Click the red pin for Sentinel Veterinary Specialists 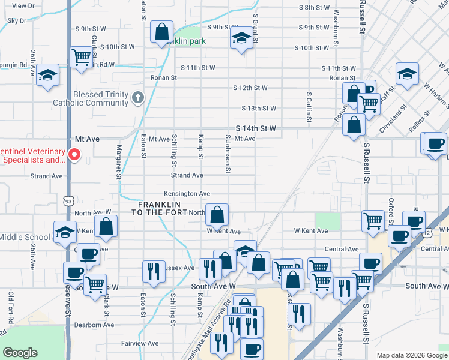point(74,155)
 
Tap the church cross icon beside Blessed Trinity point(137,97)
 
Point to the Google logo point(20,352)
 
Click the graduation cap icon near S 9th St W point(241,39)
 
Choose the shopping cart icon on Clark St point(80,58)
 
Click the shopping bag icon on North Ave point(217,214)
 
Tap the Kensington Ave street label point(188,194)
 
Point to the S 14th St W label point(256,128)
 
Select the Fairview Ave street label point(140,343)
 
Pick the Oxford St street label point(391,209)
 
